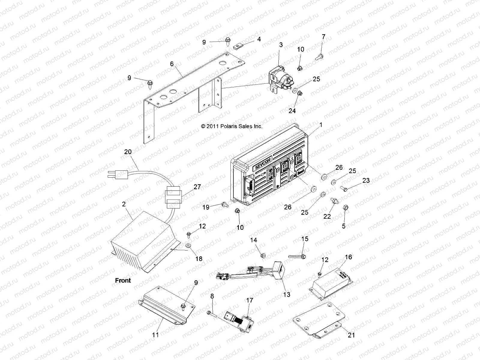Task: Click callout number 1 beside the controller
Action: click(x=321, y=125)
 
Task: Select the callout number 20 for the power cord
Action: click(x=128, y=152)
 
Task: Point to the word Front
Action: click(x=123, y=280)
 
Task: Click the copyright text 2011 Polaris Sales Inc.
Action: click(x=232, y=126)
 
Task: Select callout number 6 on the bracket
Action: click(x=172, y=64)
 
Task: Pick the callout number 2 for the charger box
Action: click(x=124, y=205)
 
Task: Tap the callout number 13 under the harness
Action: click(x=287, y=295)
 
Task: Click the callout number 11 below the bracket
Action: click(x=155, y=334)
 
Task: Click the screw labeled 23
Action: click(x=344, y=188)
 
